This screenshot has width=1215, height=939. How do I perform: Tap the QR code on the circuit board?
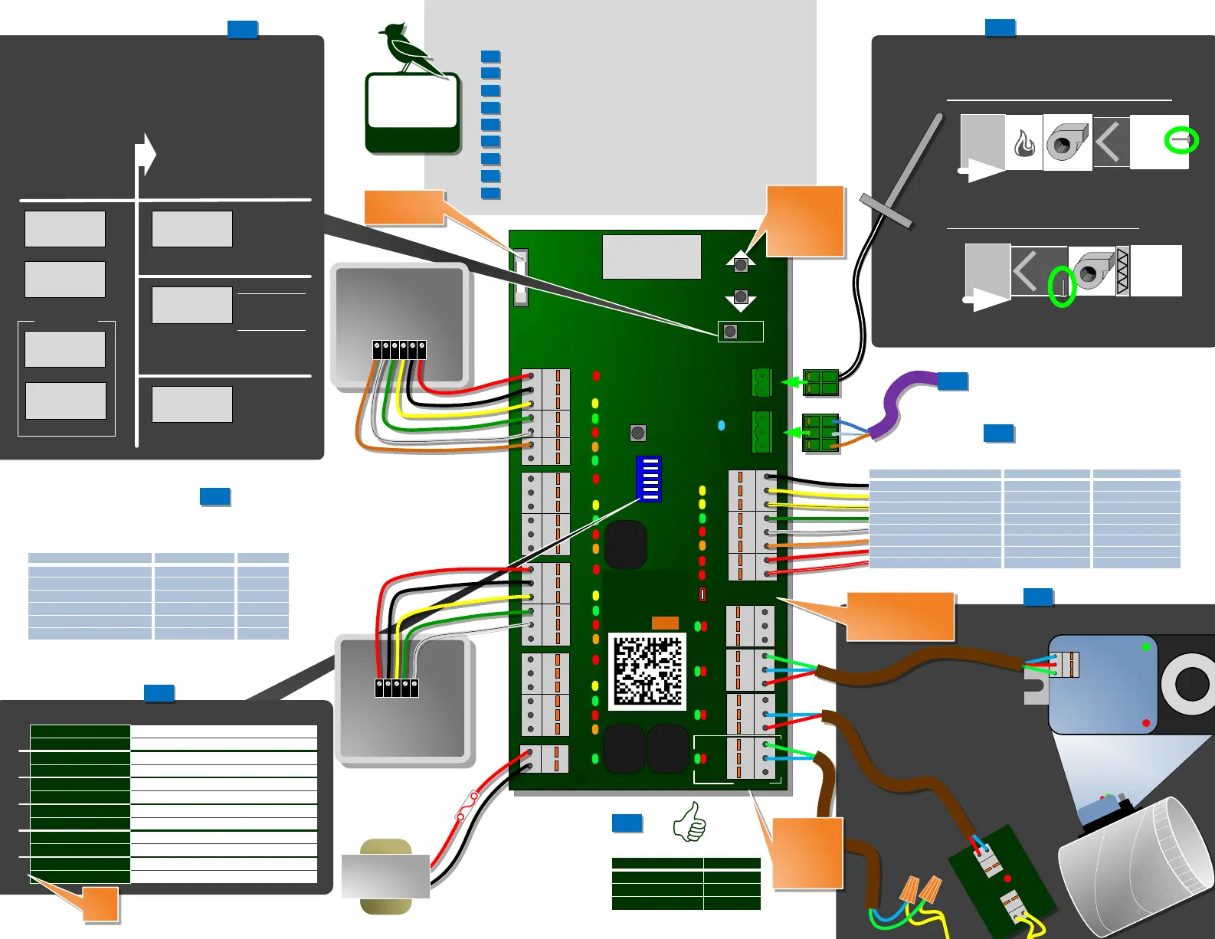(647, 670)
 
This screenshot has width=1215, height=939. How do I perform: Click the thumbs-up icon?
(689, 822)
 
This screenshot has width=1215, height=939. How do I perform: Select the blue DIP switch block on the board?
(649, 479)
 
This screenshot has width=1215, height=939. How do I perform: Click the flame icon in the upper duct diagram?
(1024, 143)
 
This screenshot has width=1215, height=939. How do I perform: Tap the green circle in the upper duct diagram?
(1181, 140)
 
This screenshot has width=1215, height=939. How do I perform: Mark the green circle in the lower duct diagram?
(1062, 286)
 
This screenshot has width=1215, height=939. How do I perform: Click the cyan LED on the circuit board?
(721, 425)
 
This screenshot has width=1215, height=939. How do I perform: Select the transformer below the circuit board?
(385, 876)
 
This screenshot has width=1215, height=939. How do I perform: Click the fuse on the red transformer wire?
(467, 806)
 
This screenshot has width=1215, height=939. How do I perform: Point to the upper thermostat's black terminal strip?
(399, 350)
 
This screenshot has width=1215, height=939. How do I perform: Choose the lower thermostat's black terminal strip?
(396, 687)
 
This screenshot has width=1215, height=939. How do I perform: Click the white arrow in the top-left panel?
(145, 154)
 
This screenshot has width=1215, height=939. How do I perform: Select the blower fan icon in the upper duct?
(1067, 142)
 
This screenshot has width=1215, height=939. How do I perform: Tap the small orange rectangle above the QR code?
(665, 623)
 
